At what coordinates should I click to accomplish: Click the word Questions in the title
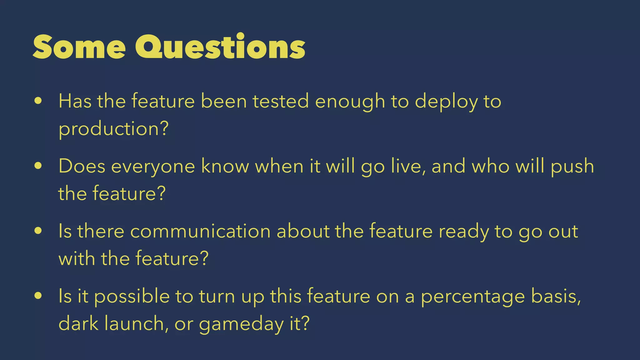coord(220,47)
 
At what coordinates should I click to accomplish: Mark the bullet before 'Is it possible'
coord(38,296)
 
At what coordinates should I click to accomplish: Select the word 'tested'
coord(281,102)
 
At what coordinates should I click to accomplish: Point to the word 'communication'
coord(200,232)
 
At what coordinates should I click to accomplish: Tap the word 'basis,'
coord(556,296)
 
